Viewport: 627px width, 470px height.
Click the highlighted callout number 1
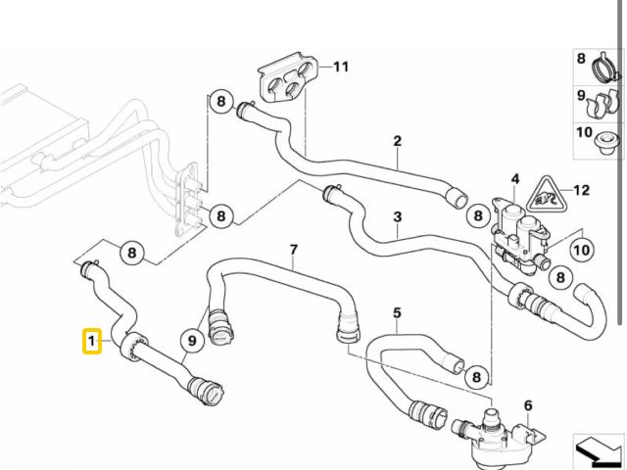coord(90,342)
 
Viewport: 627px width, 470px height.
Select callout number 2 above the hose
coord(398,141)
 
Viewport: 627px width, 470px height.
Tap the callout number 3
coord(398,216)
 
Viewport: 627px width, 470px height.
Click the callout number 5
coord(397,313)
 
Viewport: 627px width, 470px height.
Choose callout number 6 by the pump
coord(528,405)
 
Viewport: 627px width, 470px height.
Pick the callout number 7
coord(293,251)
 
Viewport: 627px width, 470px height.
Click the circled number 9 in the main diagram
coord(192,341)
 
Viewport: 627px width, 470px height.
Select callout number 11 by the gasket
coord(340,67)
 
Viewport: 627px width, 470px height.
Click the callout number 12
coord(581,191)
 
